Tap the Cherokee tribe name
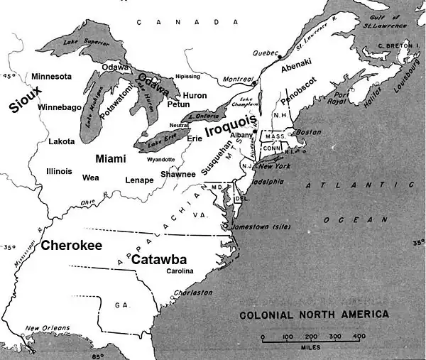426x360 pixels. (71, 245)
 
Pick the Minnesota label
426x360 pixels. (51, 76)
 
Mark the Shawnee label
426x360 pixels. (178, 175)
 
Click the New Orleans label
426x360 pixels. (45, 328)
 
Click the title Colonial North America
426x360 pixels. (313, 315)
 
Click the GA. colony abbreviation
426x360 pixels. (121, 305)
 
